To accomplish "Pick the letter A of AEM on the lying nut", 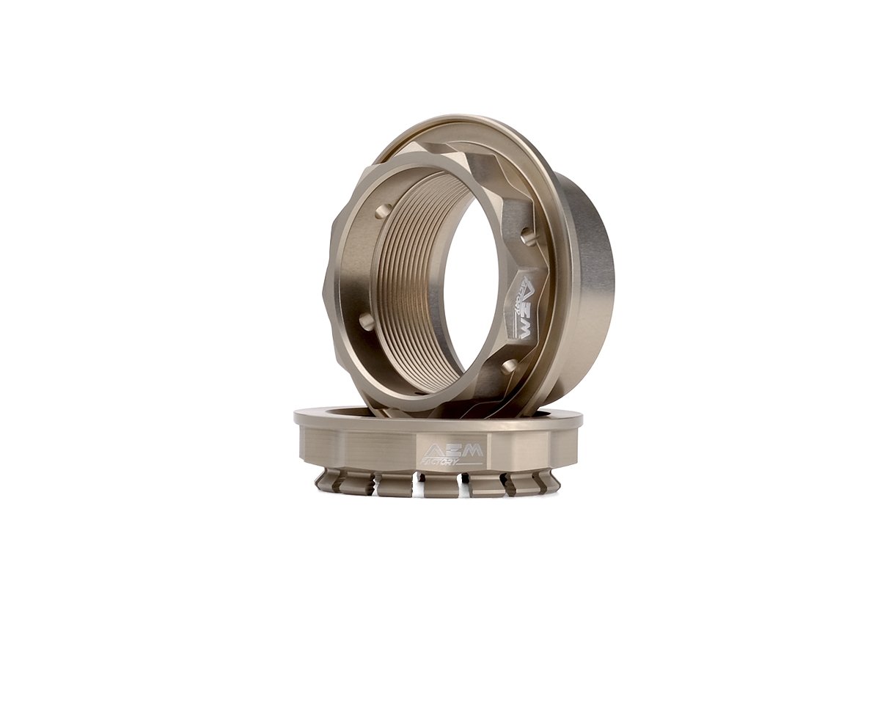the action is pyautogui.click(x=433, y=450).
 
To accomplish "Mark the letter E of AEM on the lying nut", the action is pyautogui.click(x=452, y=450).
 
